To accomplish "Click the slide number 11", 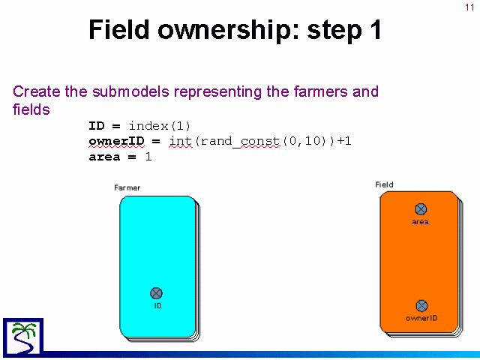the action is (x=469, y=7).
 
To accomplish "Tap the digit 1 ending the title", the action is (x=376, y=29).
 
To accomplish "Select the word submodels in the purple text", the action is (x=130, y=91).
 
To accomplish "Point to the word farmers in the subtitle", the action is (x=321, y=91).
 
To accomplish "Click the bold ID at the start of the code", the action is (x=97, y=126).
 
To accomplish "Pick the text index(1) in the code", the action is (x=160, y=126).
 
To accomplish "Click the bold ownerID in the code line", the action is (x=117, y=141).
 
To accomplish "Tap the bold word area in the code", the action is (x=104, y=157).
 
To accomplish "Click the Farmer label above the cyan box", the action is (x=127, y=187).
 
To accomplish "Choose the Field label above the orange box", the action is (x=384, y=184).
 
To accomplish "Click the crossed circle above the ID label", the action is (x=157, y=293).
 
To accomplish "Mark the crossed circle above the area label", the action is (x=421, y=209).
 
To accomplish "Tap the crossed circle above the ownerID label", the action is (x=421, y=306).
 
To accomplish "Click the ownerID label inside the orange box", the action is (x=421, y=318).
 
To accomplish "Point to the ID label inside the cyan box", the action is (x=157, y=306).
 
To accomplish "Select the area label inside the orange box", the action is (x=420, y=222).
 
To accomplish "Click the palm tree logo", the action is (x=23, y=337).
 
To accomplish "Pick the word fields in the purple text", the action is (x=31, y=109).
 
